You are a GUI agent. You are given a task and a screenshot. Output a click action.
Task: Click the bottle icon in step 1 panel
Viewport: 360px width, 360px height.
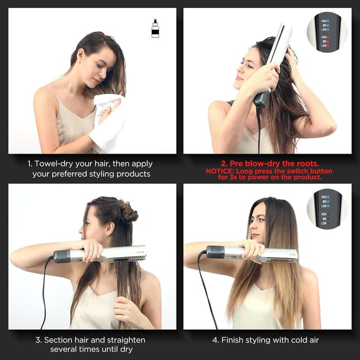coord(155,28)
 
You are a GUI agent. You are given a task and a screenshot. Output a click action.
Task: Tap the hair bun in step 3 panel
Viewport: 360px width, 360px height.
coord(128,213)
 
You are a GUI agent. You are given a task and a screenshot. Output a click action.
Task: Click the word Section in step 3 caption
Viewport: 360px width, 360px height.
coord(60,340)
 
